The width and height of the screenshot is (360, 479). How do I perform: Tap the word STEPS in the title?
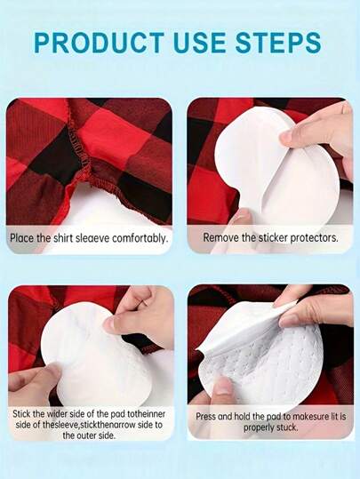tap(278, 42)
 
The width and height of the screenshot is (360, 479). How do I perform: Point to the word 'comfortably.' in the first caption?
tap(140, 238)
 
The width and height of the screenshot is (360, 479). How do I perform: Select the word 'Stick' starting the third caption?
tap(21, 414)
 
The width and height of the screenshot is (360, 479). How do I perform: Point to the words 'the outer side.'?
tap(89, 435)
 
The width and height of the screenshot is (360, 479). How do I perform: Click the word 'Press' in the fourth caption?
tap(205, 416)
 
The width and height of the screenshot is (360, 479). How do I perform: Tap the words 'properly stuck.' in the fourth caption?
tap(270, 427)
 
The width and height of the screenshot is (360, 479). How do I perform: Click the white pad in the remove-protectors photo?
tap(276, 171)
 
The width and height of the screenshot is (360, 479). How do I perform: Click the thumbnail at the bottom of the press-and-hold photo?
tap(225, 387)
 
